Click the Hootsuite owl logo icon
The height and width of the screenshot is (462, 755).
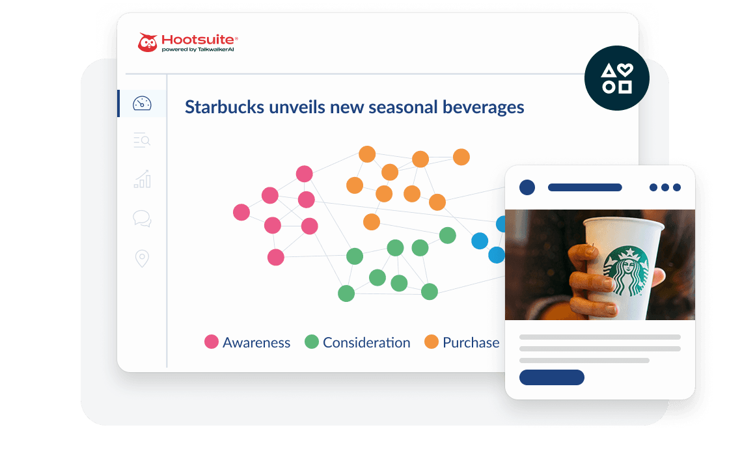[148, 43]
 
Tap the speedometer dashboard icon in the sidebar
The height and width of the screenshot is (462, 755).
[141, 103]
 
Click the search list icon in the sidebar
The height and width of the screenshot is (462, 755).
[141, 140]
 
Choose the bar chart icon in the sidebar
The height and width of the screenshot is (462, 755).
[142, 179]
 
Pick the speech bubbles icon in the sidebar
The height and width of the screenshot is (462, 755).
[142, 219]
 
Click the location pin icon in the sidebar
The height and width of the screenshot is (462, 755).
[142, 258]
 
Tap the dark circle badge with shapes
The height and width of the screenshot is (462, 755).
[616, 78]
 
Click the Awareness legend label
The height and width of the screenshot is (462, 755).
[256, 342]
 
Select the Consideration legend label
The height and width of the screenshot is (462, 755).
[366, 342]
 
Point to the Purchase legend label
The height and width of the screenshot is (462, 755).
[471, 342]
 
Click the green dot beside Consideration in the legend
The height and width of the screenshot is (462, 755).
[312, 342]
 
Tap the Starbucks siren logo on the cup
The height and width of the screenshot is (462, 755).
[626, 270]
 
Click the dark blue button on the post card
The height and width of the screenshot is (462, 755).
[551, 377]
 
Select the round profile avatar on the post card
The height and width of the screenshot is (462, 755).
[527, 187]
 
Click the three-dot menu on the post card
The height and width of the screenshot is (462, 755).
[665, 187]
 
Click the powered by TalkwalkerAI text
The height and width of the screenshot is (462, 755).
[197, 49]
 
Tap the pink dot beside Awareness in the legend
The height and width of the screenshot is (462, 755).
[212, 342]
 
